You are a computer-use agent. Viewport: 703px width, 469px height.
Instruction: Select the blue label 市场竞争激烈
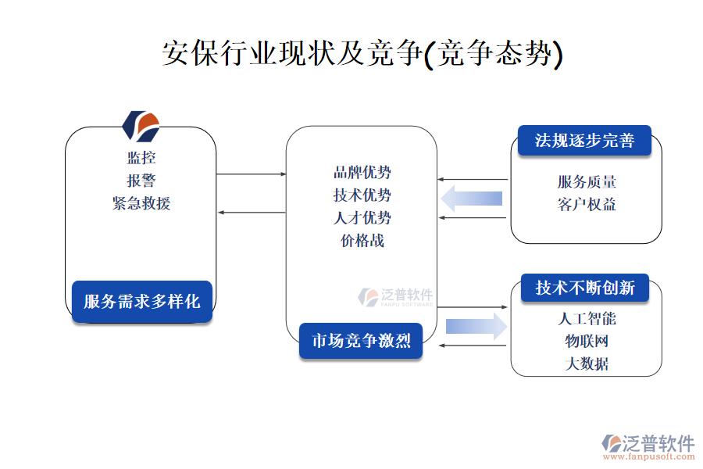pos(361,341)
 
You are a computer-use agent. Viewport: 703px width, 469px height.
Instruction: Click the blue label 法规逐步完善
pos(584,140)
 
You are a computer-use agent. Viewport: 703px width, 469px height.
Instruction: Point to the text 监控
pos(141,158)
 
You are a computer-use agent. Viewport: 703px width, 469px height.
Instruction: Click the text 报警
pos(141,181)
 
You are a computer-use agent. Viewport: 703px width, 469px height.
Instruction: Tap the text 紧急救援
pos(141,203)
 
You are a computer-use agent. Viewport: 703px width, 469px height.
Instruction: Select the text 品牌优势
pos(362,173)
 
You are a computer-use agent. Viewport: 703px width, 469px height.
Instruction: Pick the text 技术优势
pos(362,195)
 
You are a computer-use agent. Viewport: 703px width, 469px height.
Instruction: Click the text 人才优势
pos(362,218)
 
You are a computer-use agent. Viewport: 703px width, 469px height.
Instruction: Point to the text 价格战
pos(362,241)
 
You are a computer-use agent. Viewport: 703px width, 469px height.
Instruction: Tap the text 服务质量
pos(587,182)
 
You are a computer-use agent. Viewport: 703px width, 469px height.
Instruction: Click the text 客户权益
pos(587,205)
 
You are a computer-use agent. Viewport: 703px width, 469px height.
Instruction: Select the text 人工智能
pos(587,319)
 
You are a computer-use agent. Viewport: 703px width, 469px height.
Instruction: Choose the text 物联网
pos(587,342)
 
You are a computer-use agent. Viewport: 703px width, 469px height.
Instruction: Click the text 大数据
pos(587,364)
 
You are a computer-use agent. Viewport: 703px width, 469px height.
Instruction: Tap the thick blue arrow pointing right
pos(476,326)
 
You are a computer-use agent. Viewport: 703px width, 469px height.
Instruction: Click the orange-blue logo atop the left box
pos(141,124)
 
